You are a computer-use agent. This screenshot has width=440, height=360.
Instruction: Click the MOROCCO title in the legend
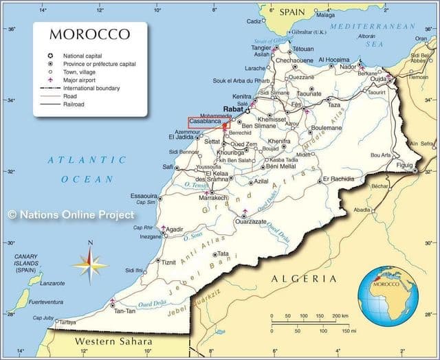pyautogui.click(x=90, y=34)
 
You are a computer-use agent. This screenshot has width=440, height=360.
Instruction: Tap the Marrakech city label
pyautogui.click(x=212, y=197)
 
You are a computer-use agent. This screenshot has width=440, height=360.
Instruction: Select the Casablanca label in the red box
pyautogui.click(x=205, y=121)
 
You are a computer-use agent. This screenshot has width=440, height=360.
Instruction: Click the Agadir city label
pyautogui.click(x=175, y=229)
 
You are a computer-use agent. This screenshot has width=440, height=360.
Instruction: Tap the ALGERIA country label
pyautogui.click(x=304, y=278)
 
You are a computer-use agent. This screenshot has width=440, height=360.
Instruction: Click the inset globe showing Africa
pyautogui.click(x=388, y=293)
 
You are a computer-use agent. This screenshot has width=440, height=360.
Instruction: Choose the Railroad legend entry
pyautogui.click(x=74, y=104)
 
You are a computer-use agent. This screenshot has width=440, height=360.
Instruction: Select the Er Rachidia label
pyautogui.click(x=338, y=179)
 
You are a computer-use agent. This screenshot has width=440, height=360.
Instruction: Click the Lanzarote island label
pyautogui.click(x=52, y=283)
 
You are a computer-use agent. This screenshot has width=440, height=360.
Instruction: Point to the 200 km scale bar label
pyautogui.click(x=340, y=316)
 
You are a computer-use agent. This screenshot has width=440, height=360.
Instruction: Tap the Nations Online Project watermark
pyautogui.click(x=71, y=215)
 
